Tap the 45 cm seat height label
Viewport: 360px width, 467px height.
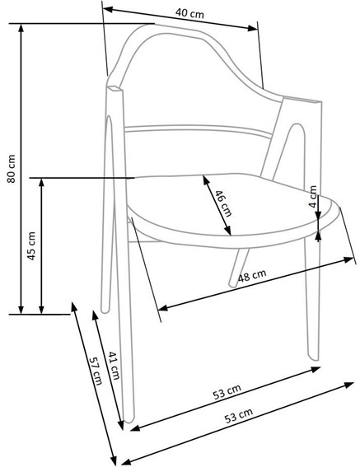click(x=30, y=245)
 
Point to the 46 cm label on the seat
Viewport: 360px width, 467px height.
click(x=221, y=203)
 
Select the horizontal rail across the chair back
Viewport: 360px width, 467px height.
click(x=198, y=128)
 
